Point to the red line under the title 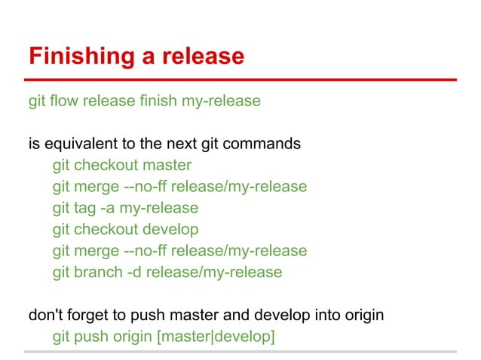coord(240,79)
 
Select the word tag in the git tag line coord(85,208)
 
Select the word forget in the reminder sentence coord(88,315)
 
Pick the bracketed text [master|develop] coord(215,337)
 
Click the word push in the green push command coord(92,337)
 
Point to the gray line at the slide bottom coord(240,351)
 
